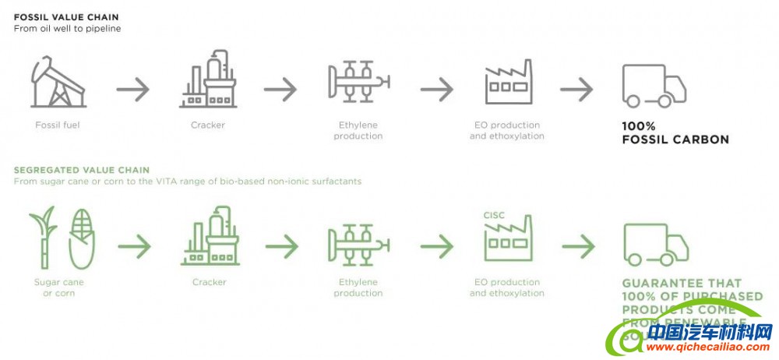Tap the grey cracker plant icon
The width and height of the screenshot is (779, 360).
[209, 79]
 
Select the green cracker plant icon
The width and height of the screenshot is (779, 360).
[210, 235]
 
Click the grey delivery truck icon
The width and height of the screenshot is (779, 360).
[654, 86]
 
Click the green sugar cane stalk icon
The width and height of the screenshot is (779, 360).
[45, 236]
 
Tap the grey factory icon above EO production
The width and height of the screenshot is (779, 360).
[508, 83]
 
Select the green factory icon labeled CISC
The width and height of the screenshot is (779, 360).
[508, 237]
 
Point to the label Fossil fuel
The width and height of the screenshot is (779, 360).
[58, 125]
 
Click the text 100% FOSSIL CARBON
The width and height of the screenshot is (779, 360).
[675, 132]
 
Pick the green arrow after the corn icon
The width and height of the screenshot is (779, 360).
[135, 247]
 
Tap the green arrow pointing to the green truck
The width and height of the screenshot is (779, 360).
[578, 247]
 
